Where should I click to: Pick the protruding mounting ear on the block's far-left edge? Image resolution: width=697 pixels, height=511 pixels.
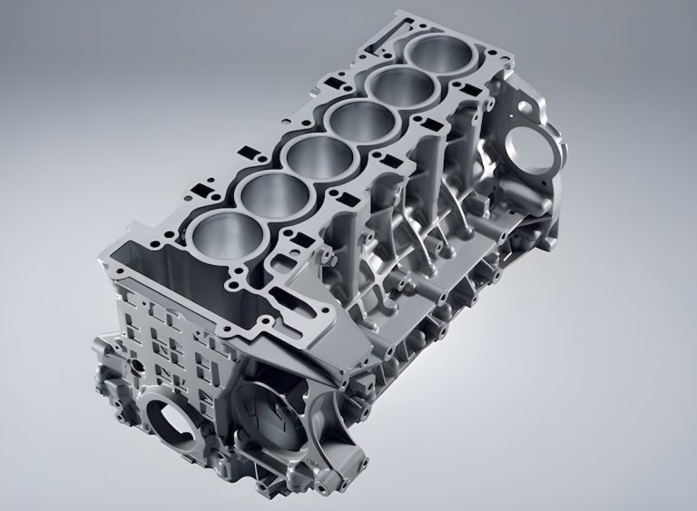(x=102, y=350)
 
